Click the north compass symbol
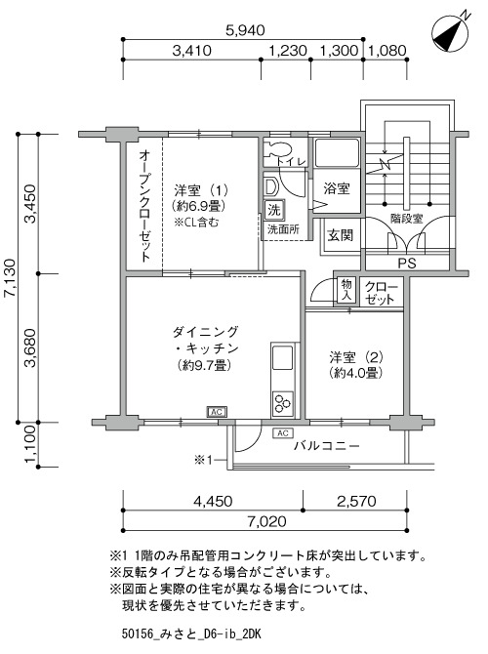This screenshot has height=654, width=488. coord(451,31)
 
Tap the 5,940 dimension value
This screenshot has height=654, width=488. coord(245,30)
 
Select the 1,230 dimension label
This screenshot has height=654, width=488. coord(288,51)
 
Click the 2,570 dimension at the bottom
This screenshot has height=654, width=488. coord(356,501)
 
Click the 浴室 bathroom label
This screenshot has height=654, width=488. coord(337,188)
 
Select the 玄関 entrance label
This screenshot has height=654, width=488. coord(340,235)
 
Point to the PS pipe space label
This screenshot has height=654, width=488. coord(407,264)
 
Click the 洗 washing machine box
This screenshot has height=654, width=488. coord(273,210)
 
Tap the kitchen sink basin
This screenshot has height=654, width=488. coord(283,358)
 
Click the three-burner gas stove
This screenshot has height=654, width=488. coord(283,403)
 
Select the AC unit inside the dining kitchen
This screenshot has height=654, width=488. coord(217,412)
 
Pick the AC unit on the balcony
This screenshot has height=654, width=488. coord(283,433)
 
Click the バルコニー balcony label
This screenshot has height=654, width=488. coord(327,446)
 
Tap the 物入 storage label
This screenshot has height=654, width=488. coord(346,291)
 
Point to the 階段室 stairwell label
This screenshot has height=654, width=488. coord(407,219)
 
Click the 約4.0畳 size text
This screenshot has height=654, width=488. coord(356,373)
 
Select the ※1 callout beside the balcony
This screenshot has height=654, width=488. coord(204,460)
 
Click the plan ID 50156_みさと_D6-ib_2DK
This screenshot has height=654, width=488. coord(191,634)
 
